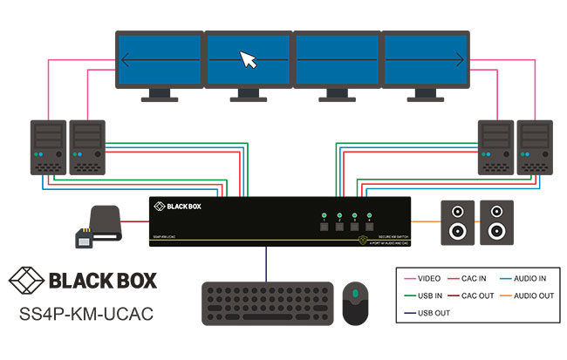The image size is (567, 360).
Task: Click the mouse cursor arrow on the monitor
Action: click(x=249, y=59)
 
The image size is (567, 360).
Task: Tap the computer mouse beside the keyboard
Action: click(x=358, y=302)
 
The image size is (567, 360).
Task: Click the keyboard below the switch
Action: click(x=267, y=302)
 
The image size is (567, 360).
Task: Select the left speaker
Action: click(x=457, y=222)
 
